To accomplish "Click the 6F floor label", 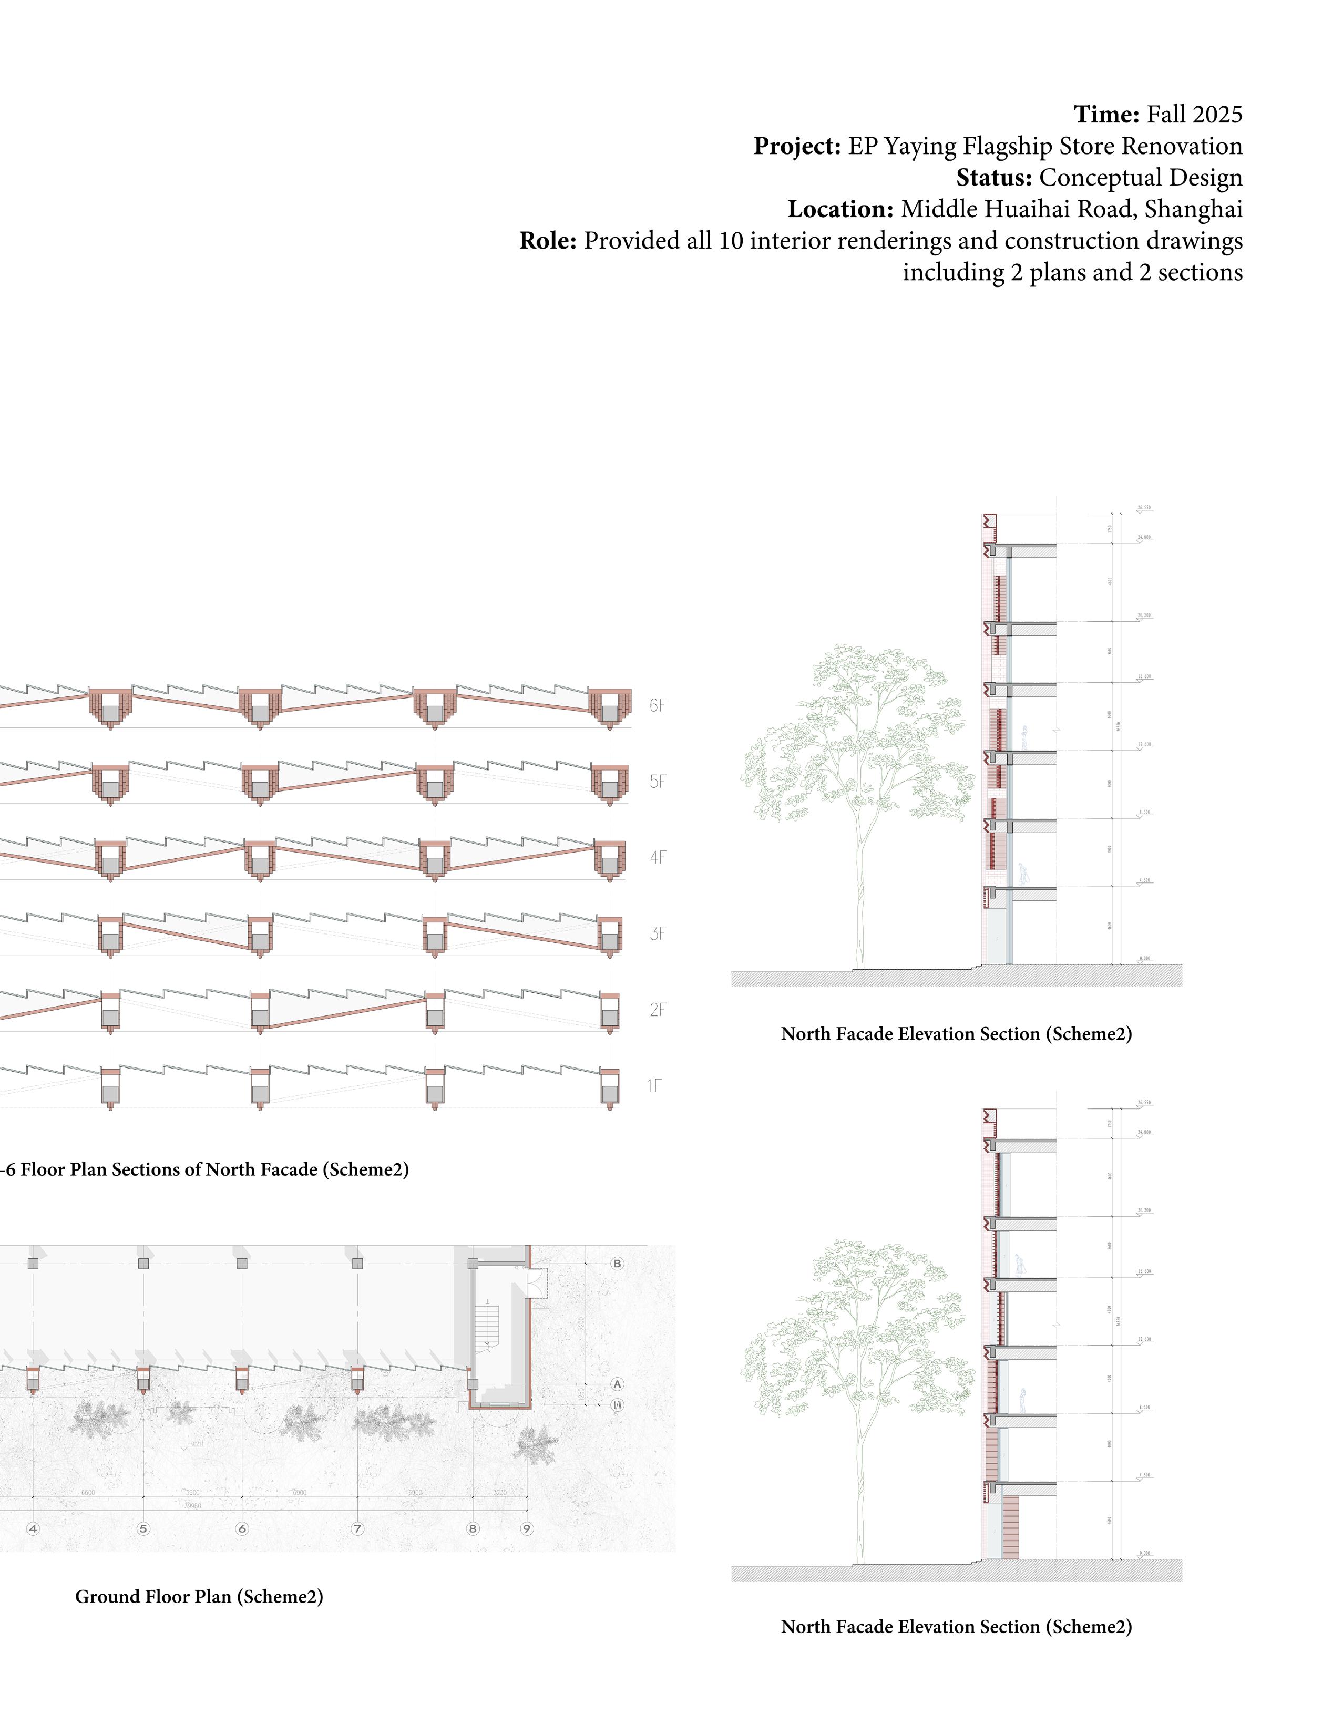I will tap(657, 705).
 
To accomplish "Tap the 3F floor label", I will tap(657, 933).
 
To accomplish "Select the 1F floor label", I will tap(653, 1085).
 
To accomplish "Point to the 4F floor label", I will tap(657, 857).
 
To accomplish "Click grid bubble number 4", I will tap(33, 1528).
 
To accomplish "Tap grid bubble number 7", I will tap(357, 1528).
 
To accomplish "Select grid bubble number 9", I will tap(526, 1528).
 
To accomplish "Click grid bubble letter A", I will tap(618, 1384).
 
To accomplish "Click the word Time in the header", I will tap(1106, 115).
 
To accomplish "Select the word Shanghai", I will tap(1194, 209).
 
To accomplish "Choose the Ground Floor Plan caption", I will tap(199, 1597).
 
